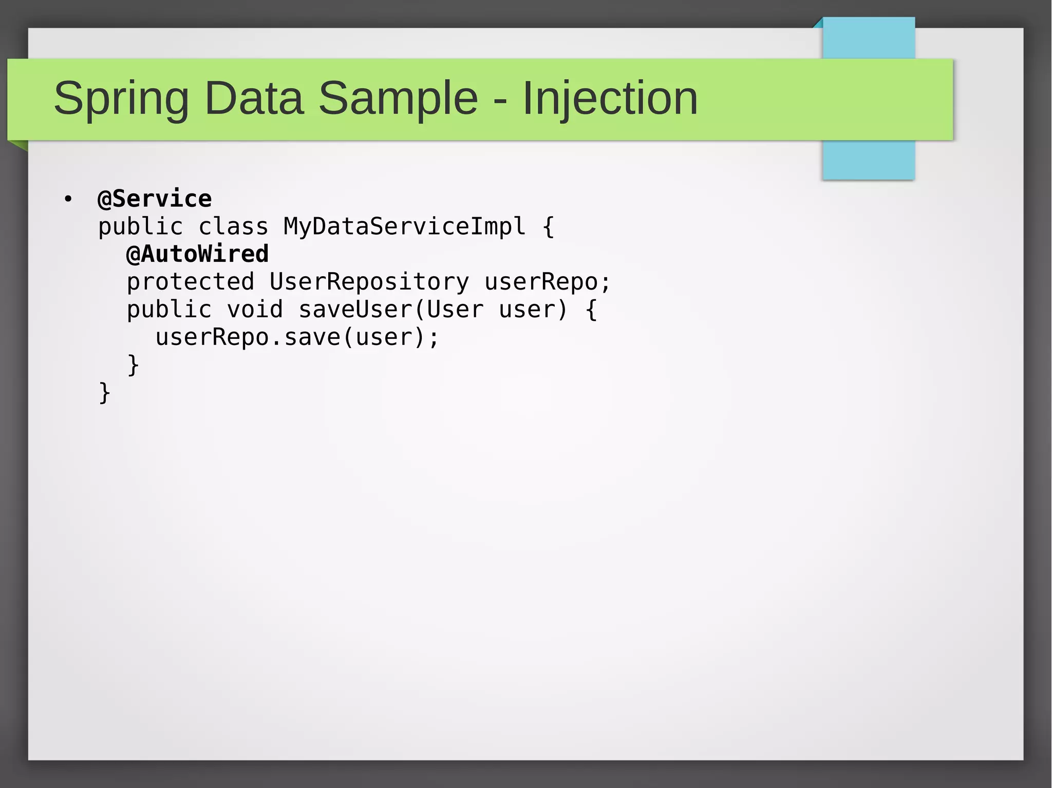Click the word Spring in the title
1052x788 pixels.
pos(121,99)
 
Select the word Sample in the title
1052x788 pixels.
pos(398,99)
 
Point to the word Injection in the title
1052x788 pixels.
pos(610,99)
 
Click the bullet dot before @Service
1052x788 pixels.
pos(68,199)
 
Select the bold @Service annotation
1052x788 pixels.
pos(155,199)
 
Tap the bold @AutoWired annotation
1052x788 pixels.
pos(197,254)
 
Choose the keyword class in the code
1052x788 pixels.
pos(233,227)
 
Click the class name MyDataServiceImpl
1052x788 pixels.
pos(404,227)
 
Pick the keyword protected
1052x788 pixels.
pos(190,282)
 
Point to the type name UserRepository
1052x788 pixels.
pos(369,282)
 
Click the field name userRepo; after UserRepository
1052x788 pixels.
pos(547,282)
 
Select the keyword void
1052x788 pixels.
pos(255,310)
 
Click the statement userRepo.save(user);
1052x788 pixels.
pos(297,337)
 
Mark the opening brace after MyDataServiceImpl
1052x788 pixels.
pos(548,227)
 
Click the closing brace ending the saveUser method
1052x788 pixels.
pos(133,365)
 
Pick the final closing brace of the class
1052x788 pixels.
pos(104,393)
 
